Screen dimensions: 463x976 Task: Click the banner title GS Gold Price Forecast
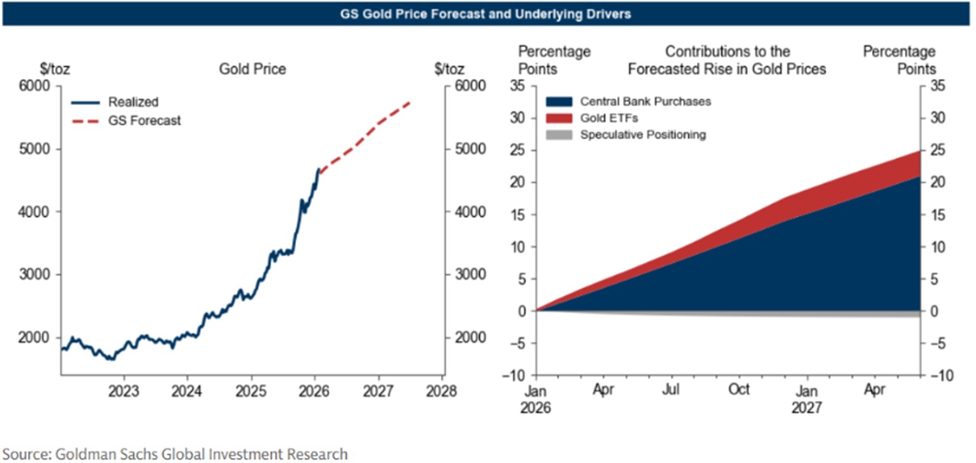pos(487,13)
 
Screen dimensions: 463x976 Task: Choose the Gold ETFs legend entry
pos(608,118)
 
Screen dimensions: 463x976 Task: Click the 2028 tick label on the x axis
pos(442,390)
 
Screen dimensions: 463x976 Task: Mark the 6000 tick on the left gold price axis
pos(37,86)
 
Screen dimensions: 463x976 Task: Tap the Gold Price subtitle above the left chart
pos(252,68)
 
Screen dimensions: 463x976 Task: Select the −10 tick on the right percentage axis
pos(941,375)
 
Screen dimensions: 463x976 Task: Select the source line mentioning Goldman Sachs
pos(176,453)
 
